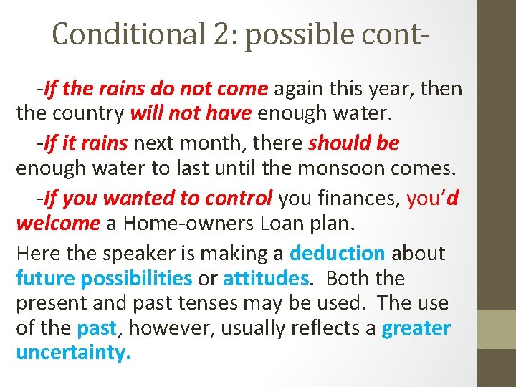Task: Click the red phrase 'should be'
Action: tap(353, 143)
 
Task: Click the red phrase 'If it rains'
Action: tap(85, 143)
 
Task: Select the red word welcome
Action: tap(58, 223)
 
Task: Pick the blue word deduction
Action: tap(337, 253)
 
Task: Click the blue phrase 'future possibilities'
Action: tap(104, 278)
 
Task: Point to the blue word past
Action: tap(96, 329)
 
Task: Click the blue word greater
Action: tap(416, 329)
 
